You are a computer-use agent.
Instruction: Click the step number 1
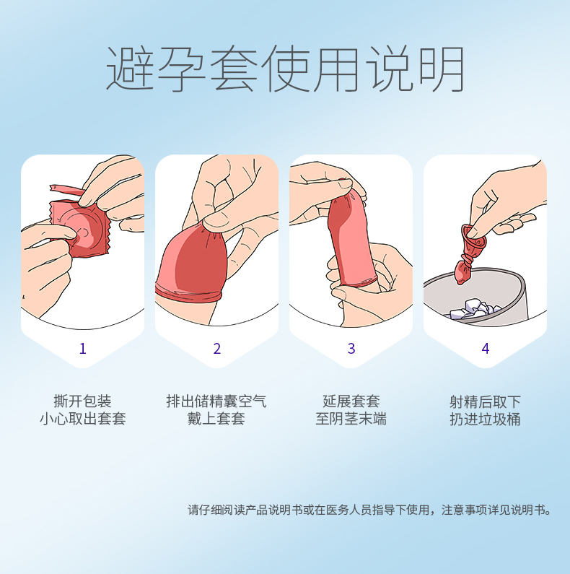tap(83, 349)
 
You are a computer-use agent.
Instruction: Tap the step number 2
tap(217, 349)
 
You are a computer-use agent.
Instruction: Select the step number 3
tap(351, 349)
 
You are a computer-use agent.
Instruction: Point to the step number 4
tap(486, 349)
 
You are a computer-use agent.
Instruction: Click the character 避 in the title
tap(131, 69)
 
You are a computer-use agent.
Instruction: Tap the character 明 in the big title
tap(442, 69)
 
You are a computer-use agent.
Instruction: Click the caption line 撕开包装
tap(82, 401)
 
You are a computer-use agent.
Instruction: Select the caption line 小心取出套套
tap(83, 419)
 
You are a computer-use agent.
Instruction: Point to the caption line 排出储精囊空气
tap(216, 401)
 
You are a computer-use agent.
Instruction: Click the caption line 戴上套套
tap(216, 419)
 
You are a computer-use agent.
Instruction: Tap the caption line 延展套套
tap(351, 401)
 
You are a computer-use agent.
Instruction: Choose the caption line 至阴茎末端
tap(351, 419)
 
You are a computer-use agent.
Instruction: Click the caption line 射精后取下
tap(485, 402)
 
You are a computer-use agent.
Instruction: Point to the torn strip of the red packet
tap(66, 191)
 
